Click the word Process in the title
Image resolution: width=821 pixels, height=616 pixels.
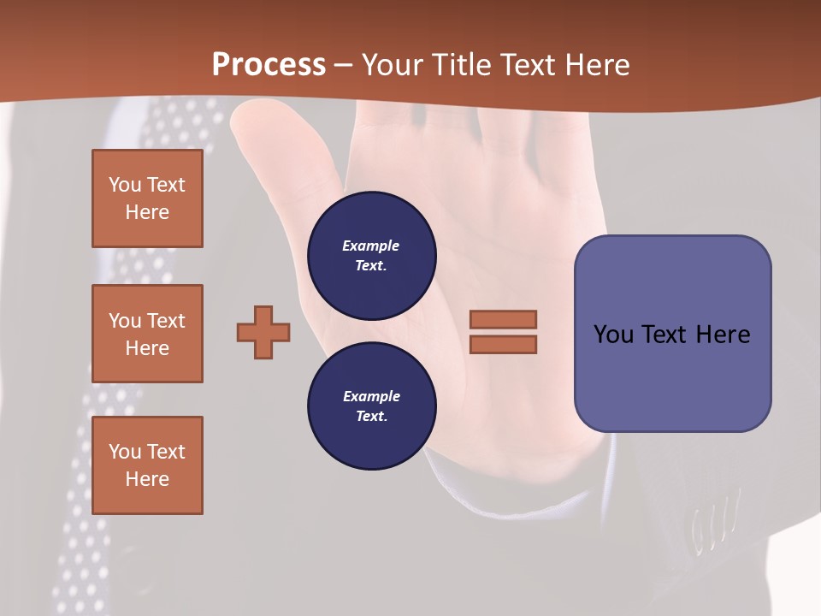[x=269, y=64]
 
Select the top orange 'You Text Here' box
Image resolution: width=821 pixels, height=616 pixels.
[x=147, y=198]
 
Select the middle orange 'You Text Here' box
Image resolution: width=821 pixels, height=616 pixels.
[x=147, y=334]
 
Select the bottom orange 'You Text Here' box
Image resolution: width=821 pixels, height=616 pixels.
[x=147, y=465]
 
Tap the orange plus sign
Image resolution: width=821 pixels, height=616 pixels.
[x=263, y=332]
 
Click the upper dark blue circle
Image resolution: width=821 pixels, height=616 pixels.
[x=372, y=256]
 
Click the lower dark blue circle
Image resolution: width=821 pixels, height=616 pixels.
[x=372, y=406]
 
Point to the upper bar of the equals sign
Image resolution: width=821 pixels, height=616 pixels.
[x=504, y=319]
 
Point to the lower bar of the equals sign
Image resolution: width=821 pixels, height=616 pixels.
[x=504, y=344]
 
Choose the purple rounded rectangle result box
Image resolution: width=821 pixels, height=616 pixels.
[x=672, y=334]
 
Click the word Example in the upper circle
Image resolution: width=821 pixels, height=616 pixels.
[x=371, y=246]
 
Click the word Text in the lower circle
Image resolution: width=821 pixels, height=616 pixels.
[x=370, y=417]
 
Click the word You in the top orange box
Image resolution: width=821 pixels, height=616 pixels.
[x=125, y=185]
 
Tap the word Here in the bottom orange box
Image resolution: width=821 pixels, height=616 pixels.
[x=147, y=479]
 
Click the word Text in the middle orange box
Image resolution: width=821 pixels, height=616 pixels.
[x=166, y=321]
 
